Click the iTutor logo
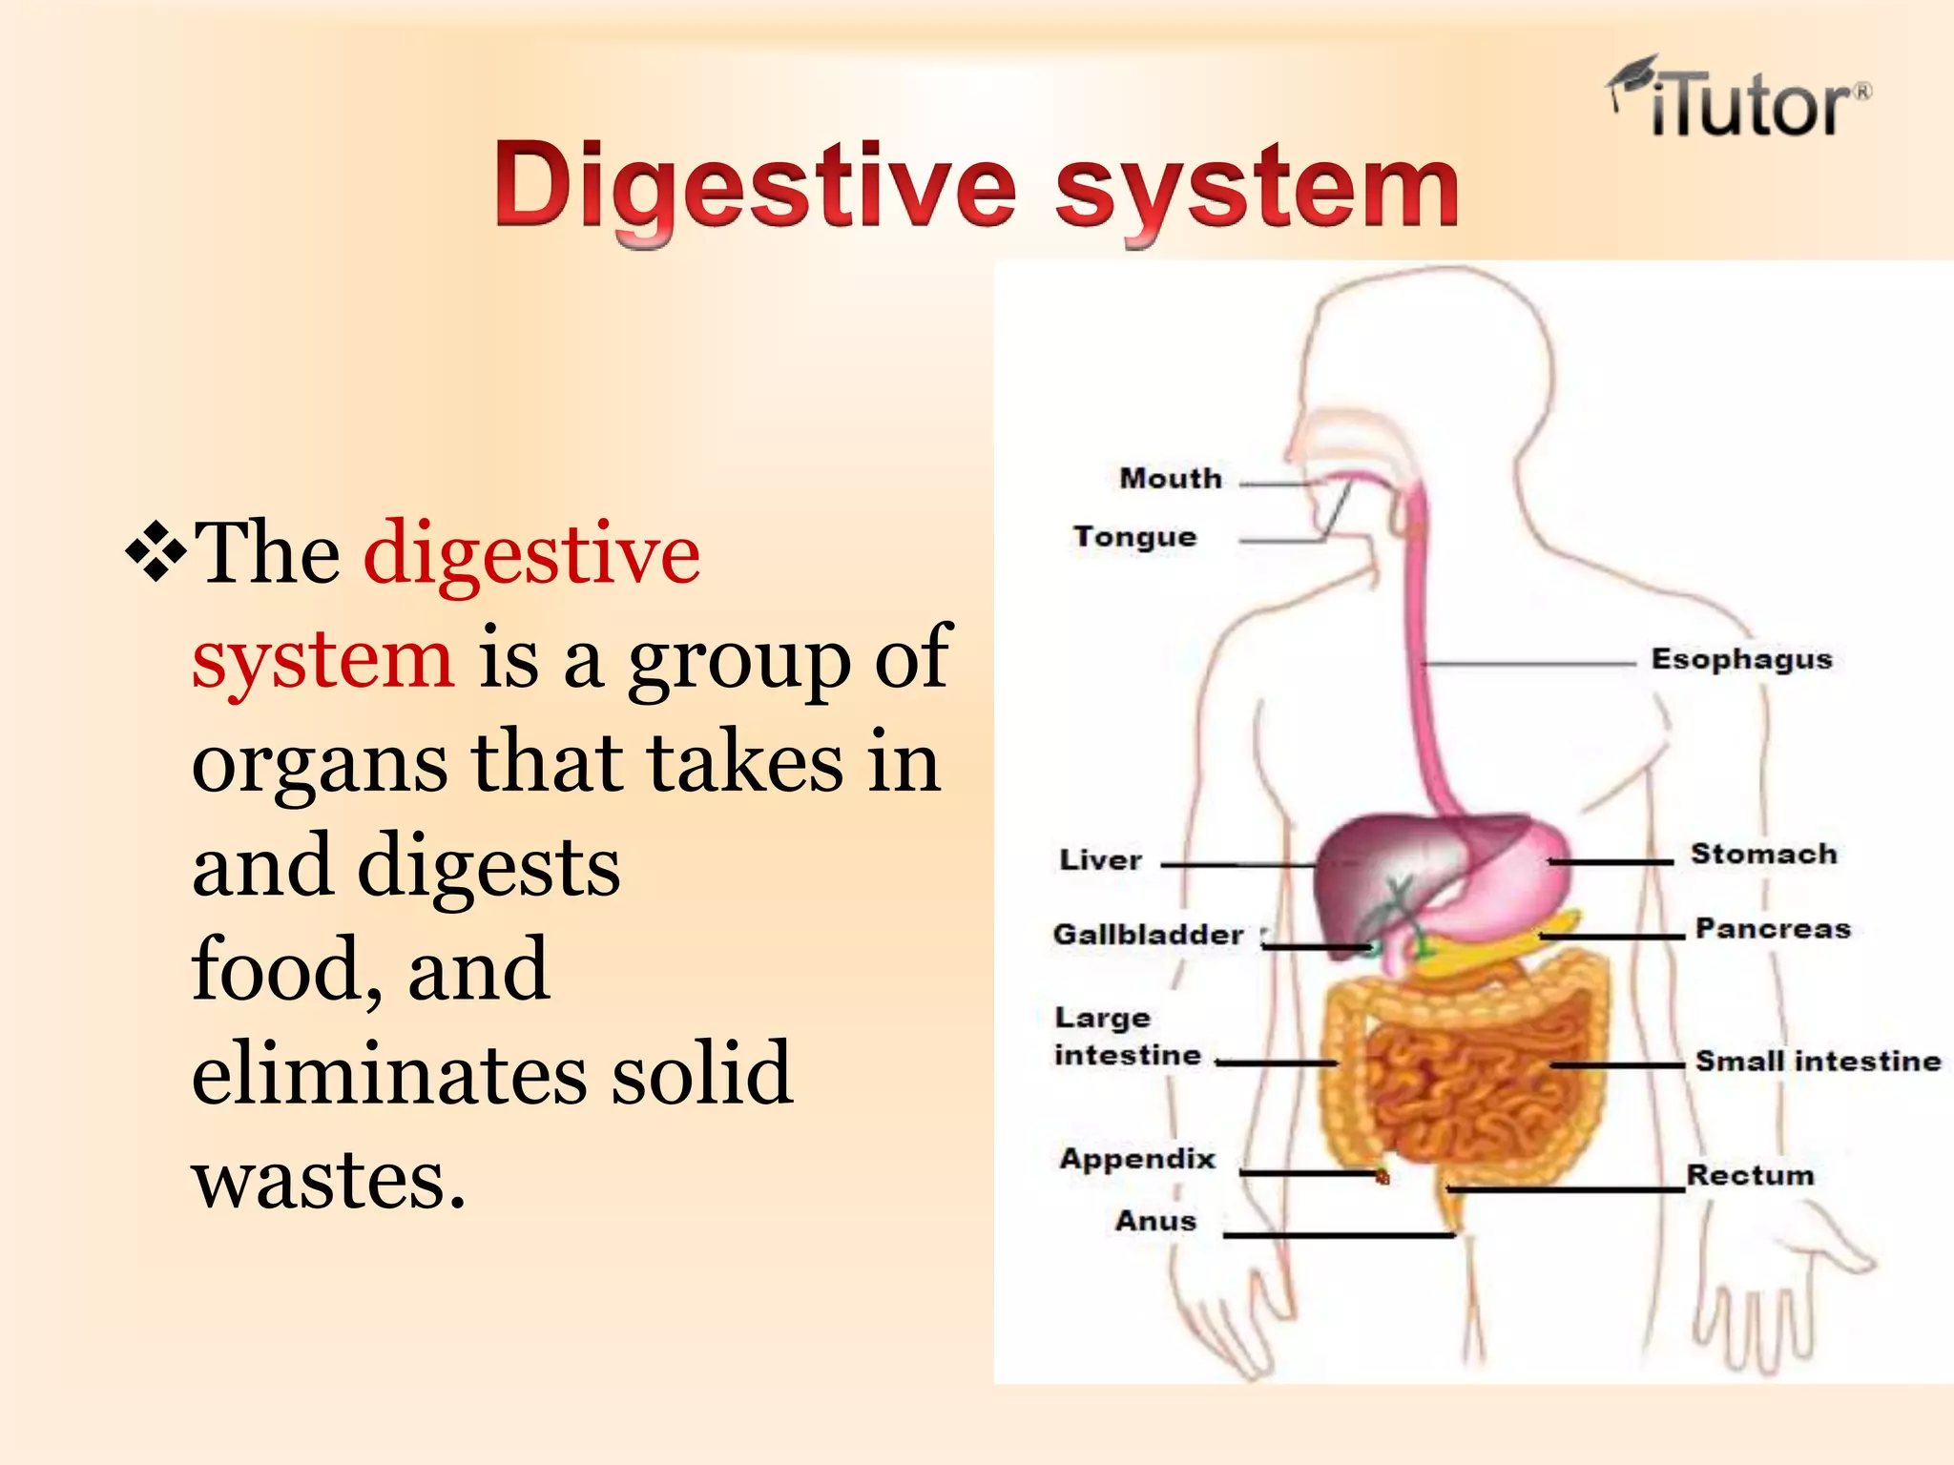click(1738, 101)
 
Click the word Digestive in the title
click(754, 187)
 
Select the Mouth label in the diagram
click(1171, 478)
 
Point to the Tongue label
click(1134, 537)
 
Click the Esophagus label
click(1741, 659)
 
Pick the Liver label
click(1100, 860)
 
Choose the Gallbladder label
click(1148, 935)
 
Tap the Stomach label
click(1763, 854)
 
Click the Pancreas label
click(1773, 929)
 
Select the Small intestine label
click(1818, 1061)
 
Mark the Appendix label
click(1137, 1159)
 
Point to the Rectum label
click(1750, 1175)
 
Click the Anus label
click(1155, 1221)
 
